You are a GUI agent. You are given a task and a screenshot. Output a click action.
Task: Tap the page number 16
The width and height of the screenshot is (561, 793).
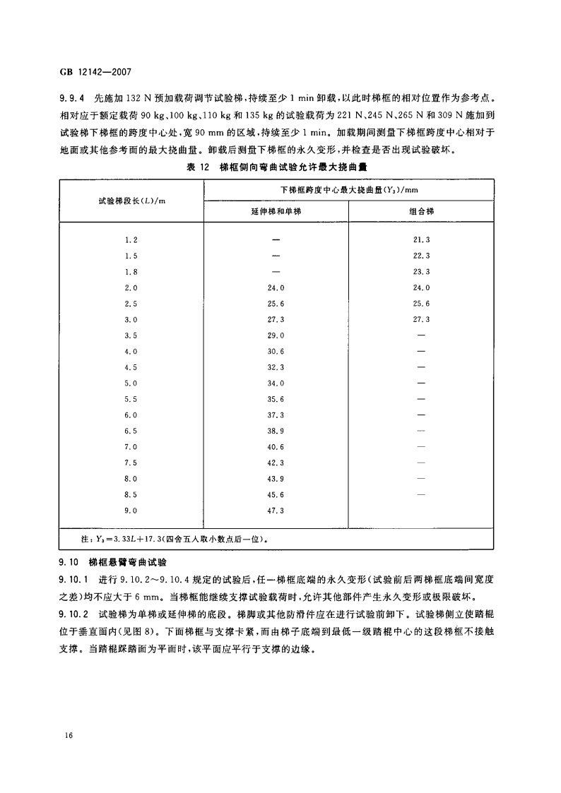[69, 736]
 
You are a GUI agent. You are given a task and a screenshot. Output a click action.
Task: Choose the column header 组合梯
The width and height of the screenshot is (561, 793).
[420, 212]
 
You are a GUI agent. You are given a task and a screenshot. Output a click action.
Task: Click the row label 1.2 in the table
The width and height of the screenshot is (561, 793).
[131, 240]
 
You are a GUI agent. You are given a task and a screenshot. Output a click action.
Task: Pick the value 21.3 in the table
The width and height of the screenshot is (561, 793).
[421, 240]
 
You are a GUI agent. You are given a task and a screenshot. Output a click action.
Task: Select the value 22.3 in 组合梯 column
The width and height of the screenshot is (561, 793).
[421, 256]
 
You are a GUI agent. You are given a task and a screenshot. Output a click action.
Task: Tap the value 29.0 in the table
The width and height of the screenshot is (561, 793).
[276, 335]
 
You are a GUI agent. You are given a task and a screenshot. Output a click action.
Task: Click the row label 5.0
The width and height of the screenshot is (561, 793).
[131, 383]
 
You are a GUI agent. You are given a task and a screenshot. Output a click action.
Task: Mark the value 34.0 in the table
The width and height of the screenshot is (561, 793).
[276, 383]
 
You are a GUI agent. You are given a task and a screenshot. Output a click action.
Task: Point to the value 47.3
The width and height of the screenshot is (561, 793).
[276, 510]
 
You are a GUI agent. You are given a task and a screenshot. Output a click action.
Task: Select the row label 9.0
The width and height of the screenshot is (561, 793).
[131, 510]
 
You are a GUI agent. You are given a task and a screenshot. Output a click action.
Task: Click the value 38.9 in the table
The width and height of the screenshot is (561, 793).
[276, 430]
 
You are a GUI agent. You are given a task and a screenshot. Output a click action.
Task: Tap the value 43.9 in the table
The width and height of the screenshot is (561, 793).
[276, 478]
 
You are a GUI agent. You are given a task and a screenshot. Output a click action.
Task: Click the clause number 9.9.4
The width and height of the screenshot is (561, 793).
[72, 99]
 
